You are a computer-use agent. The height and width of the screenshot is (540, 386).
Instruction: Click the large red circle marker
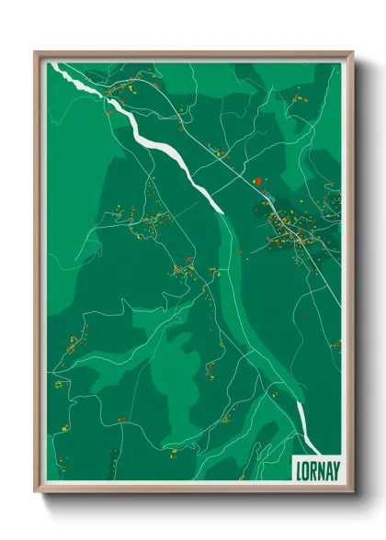point(258,182)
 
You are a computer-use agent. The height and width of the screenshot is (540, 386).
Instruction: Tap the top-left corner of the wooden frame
point(36,51)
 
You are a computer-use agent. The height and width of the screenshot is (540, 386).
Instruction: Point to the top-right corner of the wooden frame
point(352,51)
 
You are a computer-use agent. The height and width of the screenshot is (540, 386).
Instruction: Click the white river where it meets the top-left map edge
point(55,66)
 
